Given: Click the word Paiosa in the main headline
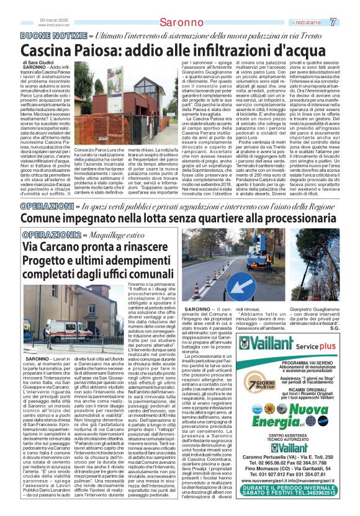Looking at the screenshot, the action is coord(120,50).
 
